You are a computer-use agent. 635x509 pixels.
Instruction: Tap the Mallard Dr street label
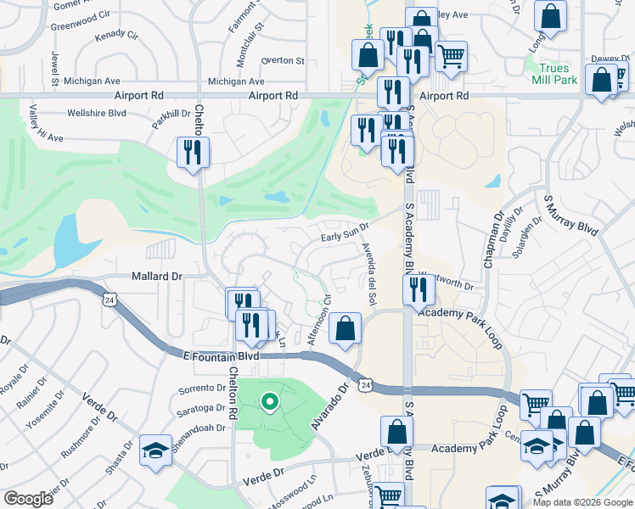[x=157, y=276]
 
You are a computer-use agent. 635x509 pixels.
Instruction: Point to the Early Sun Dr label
[x=344, y=232]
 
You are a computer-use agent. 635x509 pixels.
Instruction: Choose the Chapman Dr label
[x=493, y=240]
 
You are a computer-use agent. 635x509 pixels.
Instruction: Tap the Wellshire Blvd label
[x=96, y=113]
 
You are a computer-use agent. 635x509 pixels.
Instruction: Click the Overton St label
[x=283, y=61]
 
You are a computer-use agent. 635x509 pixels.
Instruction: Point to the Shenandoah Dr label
[x=197, y=428]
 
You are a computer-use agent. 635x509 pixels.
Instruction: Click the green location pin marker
[x=269, y=400]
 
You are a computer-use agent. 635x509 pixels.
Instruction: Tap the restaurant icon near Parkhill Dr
[x=193, y=153]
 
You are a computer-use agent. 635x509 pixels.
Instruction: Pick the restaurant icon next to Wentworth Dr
[x=419, y=289]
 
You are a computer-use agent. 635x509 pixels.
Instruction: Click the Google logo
[x=28, y=499]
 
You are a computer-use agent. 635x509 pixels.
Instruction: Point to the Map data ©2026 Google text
[x=582, y=502]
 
